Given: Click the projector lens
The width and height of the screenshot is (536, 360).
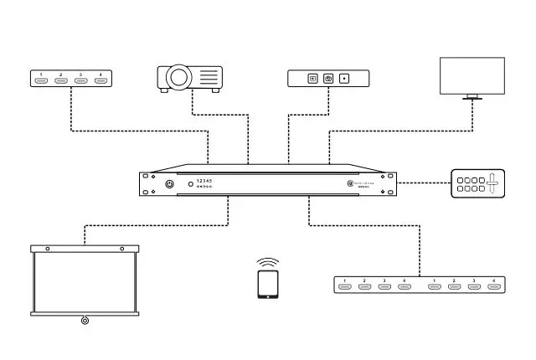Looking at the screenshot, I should pos(178,78).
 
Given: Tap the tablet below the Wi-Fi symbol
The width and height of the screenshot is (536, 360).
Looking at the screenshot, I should pos(268,284).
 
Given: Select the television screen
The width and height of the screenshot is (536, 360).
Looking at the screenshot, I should pos(472,75).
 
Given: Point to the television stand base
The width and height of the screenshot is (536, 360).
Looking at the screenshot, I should pos(473,99).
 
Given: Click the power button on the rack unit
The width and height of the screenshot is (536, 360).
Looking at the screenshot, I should pos(170,184).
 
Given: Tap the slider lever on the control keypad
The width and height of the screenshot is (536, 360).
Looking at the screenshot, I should pos(493,183).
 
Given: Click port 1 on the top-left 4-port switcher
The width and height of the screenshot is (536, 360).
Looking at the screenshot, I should pos(40,80).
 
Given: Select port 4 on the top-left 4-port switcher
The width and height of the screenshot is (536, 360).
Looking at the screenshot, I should pos(100,80).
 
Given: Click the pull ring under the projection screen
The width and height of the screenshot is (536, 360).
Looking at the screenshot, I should pos(84,320).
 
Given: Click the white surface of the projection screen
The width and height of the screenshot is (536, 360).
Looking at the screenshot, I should pos(84,280).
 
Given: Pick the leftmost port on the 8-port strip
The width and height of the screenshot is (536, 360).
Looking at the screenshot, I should pos(344,287).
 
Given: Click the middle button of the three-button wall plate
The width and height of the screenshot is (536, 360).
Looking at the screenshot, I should pos(328,79).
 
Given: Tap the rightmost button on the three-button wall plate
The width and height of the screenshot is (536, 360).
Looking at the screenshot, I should pos(344,79).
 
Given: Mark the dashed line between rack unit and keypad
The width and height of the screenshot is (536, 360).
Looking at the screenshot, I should pos(424,183).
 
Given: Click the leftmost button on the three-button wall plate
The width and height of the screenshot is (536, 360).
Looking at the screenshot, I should pos(312,79).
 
